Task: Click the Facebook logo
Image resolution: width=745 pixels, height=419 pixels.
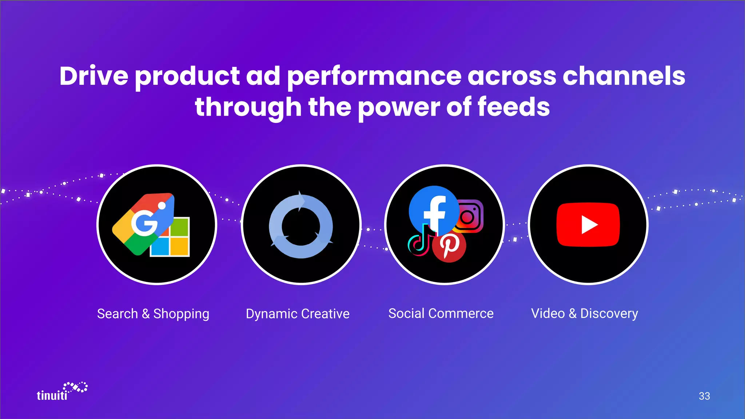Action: pos(434,210)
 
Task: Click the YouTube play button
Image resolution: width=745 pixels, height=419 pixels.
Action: pos(588,225)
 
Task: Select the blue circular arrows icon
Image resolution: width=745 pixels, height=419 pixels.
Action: pos(301,226)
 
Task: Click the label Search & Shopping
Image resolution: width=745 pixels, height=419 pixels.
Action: pos(153,314)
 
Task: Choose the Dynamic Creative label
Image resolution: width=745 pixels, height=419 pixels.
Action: pos(298,314)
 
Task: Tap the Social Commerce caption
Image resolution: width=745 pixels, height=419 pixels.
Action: pos(441,314)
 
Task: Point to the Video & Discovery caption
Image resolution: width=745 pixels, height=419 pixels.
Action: pos(585,314)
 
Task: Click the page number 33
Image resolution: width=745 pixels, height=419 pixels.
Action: pos(704,396)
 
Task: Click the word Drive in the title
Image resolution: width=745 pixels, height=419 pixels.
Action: pos(94,76)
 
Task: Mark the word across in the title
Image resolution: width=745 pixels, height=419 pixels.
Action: pos(511,76)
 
